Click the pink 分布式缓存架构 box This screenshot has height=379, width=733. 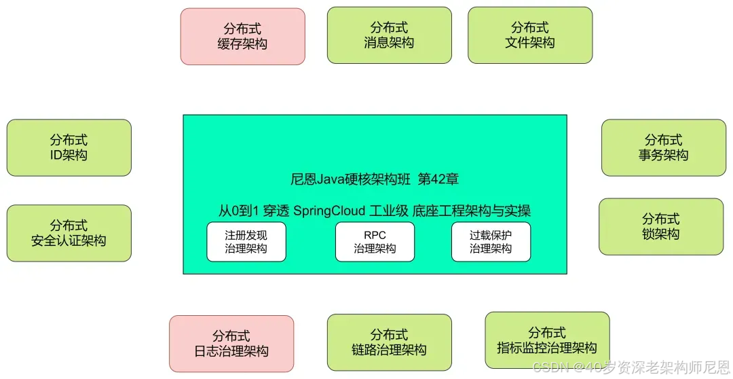click(242, 37)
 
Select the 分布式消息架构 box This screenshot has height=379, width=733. click(389, 35)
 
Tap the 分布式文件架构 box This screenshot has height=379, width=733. click(530, 35)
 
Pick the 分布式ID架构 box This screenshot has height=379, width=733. click(69, 147)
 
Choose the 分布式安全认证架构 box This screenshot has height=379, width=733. click(69, 233)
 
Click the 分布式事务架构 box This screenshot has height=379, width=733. click(663, 147)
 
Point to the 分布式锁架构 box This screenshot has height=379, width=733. click(660, 227)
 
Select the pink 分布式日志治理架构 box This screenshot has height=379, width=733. click(231, 344)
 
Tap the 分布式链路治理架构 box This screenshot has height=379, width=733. click(389, 342)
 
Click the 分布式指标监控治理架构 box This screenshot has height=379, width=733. click(547, 340)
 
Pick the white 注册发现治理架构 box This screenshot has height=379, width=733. click(246, 242)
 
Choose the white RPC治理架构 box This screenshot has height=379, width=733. click(375, 242)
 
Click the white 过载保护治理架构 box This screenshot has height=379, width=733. click(491, 242)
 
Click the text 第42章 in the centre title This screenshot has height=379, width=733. click(438, 179)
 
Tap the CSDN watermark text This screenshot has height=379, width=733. click(549, 367)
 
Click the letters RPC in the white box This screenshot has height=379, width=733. click(375, 236)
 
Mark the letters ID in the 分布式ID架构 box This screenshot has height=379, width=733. click(57, 155)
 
